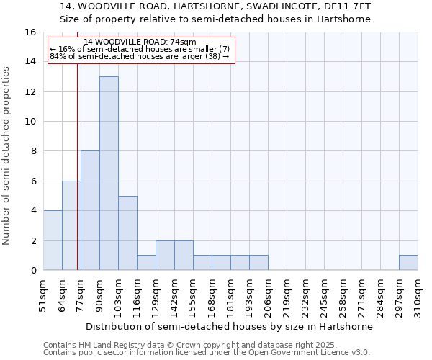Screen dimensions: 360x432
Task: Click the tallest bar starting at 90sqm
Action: click(x=109, y=173)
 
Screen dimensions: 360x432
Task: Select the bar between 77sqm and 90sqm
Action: click(x=90, y=210)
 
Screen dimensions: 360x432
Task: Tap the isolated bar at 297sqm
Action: click(x=408, y=263)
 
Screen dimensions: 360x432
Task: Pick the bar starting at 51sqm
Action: click(x=53, y=240)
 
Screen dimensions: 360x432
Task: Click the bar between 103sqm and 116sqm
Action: click(x=127, y=233)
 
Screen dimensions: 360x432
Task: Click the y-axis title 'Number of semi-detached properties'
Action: click(x=6, y=156)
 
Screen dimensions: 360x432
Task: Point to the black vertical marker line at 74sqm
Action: click(x=77, y=173)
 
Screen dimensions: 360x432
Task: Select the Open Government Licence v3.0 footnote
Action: click(x=207, y=353)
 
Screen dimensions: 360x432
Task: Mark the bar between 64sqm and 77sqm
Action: click(x=71, y=225)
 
